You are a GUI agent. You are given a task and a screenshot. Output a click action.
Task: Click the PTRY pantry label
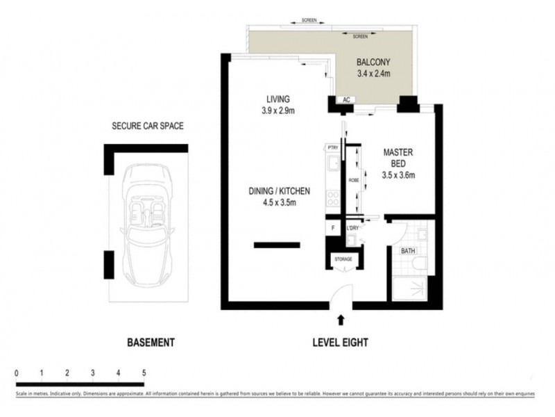pyautogui.click(x=333, y=147)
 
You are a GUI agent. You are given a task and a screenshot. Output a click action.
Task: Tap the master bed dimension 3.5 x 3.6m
pyautogui.click(x=398, y=175)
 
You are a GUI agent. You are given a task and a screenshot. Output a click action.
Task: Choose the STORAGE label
pyautogui.click(x=343, y=259)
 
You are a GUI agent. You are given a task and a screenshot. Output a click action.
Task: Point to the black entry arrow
pyautogui.click(x=340, y=320)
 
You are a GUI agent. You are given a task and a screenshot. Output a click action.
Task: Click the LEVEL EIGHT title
pyautogui.click(x=340, y=342)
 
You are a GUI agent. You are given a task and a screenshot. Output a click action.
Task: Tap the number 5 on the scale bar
pyautogui.click(x=144, y=373)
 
